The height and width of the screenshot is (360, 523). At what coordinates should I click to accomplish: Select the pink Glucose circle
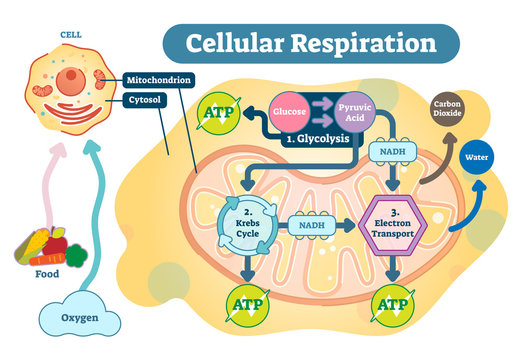(x=290, y=112)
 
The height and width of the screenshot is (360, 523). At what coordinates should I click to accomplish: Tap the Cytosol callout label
(x=149, y=100)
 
